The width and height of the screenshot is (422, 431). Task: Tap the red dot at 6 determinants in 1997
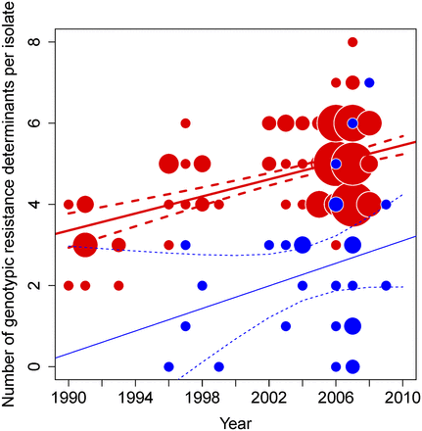coord(185,123)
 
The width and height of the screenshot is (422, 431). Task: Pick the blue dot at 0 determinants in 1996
coord(168,366)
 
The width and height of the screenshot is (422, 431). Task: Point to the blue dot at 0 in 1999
coord(218,366)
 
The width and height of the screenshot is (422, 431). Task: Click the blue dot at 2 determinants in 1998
coord(202,286)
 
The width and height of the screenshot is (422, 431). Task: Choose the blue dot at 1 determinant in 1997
coord(185,326)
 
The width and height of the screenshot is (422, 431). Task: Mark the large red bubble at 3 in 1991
coord(85,245)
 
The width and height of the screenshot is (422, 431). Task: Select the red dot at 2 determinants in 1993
coord(118,286)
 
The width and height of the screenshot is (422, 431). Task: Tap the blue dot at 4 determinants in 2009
coord(386,205)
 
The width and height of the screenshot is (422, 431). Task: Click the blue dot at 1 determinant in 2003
coord(286,326)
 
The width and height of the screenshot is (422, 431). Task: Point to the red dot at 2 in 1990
coord(69,286)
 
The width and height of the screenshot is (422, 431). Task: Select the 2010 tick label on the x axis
coord(401,400)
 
